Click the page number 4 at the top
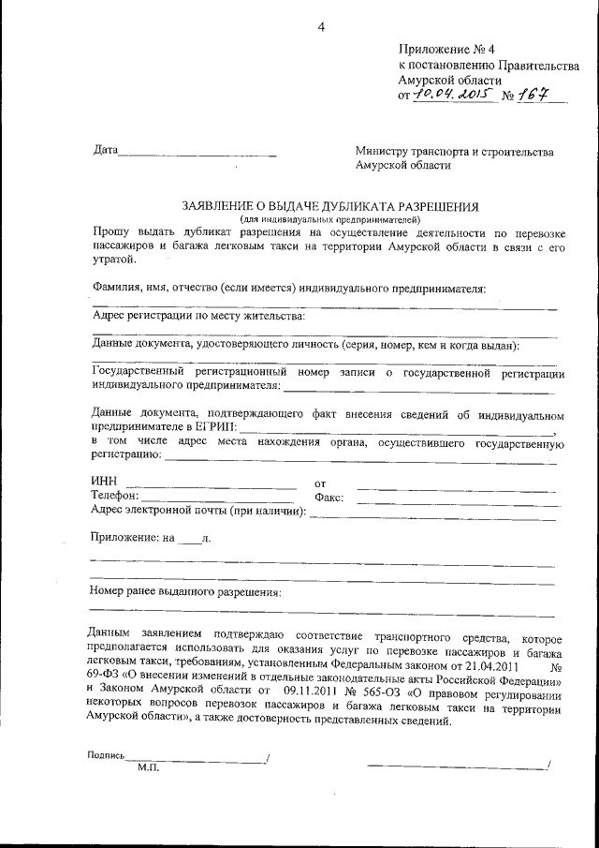pos(321,26)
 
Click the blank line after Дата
pos(198,152)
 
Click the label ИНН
pos(104,482)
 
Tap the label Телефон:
pos(115,496)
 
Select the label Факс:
pos(331,497)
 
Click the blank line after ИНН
pos(217,486)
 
